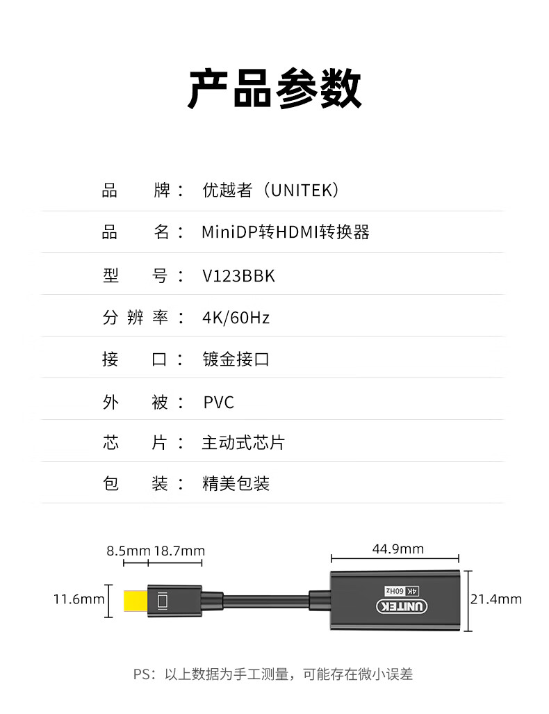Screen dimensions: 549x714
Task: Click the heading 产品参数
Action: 274,89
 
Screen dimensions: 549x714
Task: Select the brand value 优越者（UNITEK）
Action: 271,190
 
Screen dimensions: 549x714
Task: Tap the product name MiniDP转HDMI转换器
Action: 285,232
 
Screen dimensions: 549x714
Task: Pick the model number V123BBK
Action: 238,276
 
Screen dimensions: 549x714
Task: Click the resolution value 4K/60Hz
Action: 236,318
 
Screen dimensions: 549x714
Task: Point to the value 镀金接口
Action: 236,359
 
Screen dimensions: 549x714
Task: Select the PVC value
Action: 218,402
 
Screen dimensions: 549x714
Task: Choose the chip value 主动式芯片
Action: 243,443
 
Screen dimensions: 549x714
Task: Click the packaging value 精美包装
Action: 236,484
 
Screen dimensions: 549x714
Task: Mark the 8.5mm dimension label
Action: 128,551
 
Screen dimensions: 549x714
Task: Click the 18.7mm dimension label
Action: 179,551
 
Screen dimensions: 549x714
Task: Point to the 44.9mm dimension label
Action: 398,549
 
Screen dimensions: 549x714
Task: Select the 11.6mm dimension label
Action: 79,599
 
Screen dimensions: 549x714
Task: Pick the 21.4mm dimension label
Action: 496,599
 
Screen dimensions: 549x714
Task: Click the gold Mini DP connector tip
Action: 134,601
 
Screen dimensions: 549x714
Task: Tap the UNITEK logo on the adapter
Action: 403,606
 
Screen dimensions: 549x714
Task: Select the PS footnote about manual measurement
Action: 274,674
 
